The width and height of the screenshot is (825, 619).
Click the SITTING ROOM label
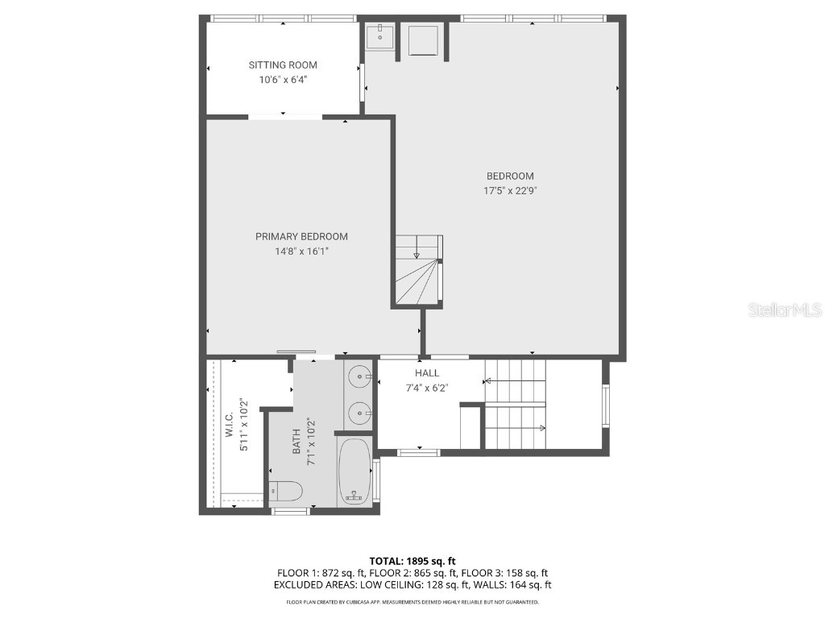pyautogui.click(x=283, y=65)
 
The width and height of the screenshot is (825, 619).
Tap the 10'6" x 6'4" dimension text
pyautogui.click(x=283, y=80)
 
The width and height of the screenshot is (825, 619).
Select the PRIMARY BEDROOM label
pyautogui.click(x=301, y=237)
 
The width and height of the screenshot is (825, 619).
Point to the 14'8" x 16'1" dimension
pyautogui.click(x=301, y=251)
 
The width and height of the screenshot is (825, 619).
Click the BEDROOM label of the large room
pyautogui.click(x=510, y=177)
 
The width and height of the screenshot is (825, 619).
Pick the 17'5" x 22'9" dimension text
pyautogui.click(x=510, y=191)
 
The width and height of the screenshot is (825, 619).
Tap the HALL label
pyautogui.click(x=427, y=373)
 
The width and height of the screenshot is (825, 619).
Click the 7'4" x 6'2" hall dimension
pyautogui.click(x=427, y=388)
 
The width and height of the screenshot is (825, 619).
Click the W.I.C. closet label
pyautogui.click(x=230, y=426)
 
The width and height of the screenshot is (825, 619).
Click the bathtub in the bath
pyautogui.click(x=354, y=472)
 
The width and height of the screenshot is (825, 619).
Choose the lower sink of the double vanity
pyautogui.click(x=359, y=413)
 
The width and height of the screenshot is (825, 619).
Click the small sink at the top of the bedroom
pyautogui.click(x=379, y=36)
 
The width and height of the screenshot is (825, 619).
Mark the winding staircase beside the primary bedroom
pyautogui.click(x=419, y=270)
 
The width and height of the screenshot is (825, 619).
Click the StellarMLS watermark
pyautogui.click(x=784, y=310)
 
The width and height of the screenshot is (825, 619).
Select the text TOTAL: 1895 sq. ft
pyautogui.click(x=412, y=561)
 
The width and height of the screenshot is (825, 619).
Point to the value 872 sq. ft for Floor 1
pyautogui.click(x=339, y=573)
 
